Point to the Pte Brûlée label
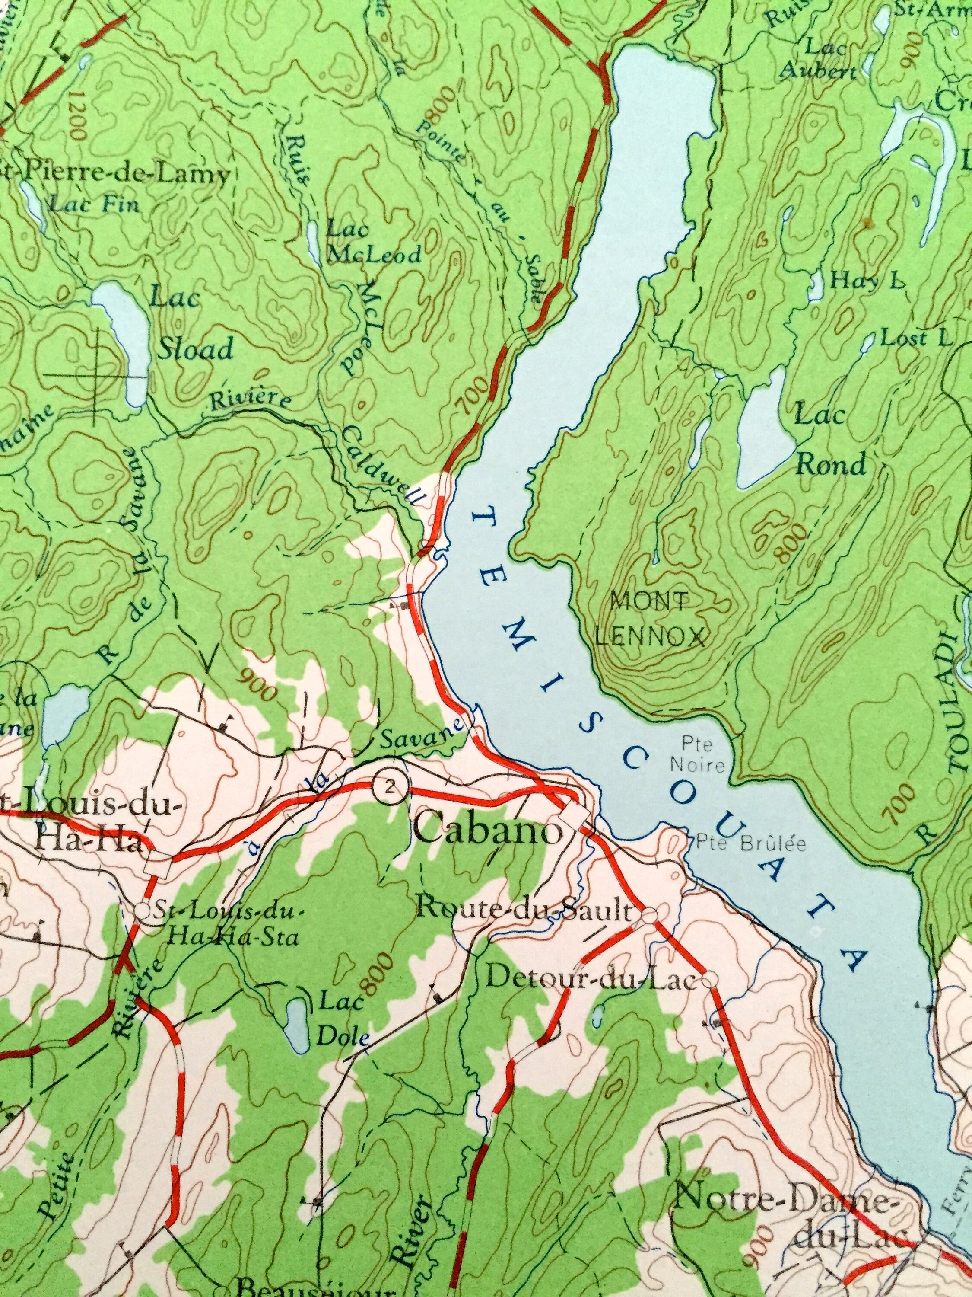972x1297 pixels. point(752,845)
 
